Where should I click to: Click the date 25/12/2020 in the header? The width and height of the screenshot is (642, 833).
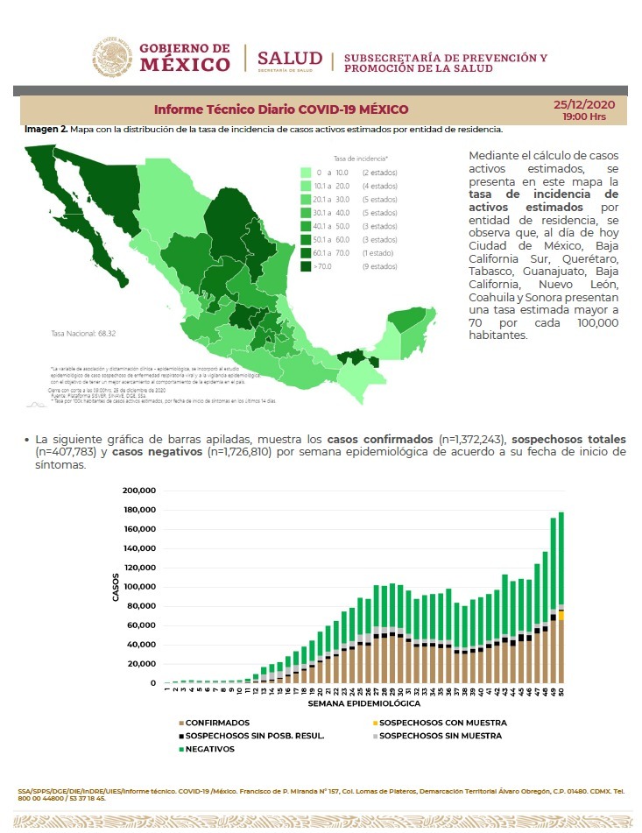pyautogui.click(x=585, y=104)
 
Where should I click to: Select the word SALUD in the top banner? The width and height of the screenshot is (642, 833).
pyautogui.click(x=289, y=58)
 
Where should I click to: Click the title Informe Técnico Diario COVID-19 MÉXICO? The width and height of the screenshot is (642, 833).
pyautogui.click(x=280, y=110)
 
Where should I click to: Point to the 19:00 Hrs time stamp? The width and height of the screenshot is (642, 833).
pyautogui.click(x=584, y=116)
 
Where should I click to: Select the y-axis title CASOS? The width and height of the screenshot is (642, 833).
pyautogui.click(x=116, y=587)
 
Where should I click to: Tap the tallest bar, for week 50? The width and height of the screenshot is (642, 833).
pyautogui.click(x=561, y=596)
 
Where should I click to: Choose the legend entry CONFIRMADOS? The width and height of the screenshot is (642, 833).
pyautogui.click(x=215, y=723)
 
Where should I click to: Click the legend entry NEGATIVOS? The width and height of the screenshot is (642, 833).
pyautogui.click(x=209, y=749)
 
